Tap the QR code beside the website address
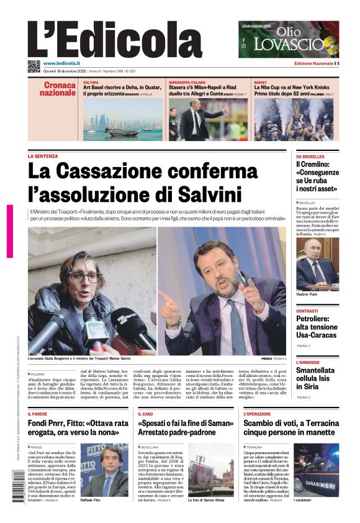(x=34, y=66)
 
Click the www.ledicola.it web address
(x=65, y=63)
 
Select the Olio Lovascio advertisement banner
(x=288, y=39)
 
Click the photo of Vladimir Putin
(x=317, y=263)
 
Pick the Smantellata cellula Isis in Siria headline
(x=317, y=378)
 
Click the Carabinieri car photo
(x=317, y=469)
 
